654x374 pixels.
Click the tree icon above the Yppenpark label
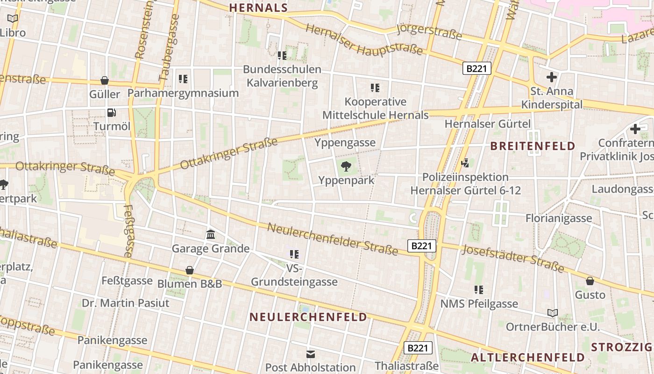point(346,165)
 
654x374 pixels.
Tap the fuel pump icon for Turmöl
point(111,112)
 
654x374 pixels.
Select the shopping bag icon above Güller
point(105,80)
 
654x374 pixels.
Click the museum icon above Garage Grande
point(210,234)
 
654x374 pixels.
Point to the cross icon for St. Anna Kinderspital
point(551,77)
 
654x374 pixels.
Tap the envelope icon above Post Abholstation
point(311,354)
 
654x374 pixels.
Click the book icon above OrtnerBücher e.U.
point(553,313)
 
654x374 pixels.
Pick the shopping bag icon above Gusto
point(590,281)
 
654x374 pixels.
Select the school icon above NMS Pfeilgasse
point(479,290)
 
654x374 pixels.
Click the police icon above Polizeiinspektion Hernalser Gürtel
point(465,163)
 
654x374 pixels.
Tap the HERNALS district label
point(258,7)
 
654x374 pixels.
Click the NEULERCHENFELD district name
point(308,317)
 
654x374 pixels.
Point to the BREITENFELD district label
point(533,146)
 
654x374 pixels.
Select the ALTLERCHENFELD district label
point(527,358)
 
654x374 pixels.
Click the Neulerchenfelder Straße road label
point(333,239)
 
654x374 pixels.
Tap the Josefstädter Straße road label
point(512,258)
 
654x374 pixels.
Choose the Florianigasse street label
point(558,218)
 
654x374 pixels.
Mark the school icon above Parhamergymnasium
point(183,79)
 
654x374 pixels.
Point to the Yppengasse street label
point(345,142)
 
